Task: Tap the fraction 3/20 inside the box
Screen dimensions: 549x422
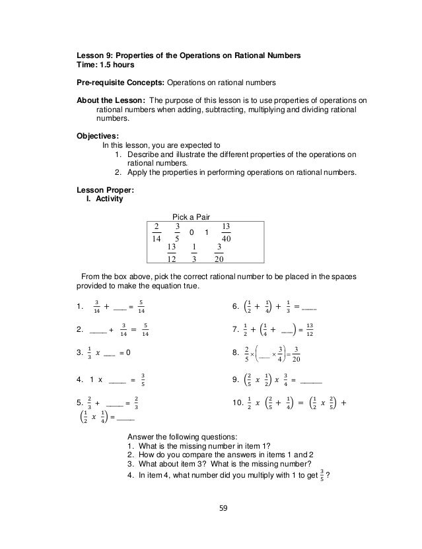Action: (x=219, y=253)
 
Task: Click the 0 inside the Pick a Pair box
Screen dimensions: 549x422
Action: (x=191, y=232)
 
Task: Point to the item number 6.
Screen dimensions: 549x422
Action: (x=236, y=306)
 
